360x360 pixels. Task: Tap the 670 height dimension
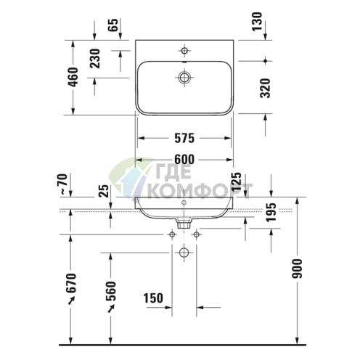tap(71, 287)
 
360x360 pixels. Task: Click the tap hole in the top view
tap(184, 51)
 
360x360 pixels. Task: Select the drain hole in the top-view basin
tap(184, 76)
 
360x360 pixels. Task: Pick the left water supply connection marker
tap(172, 234)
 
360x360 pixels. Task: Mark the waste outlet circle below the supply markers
tap(184, 253)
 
